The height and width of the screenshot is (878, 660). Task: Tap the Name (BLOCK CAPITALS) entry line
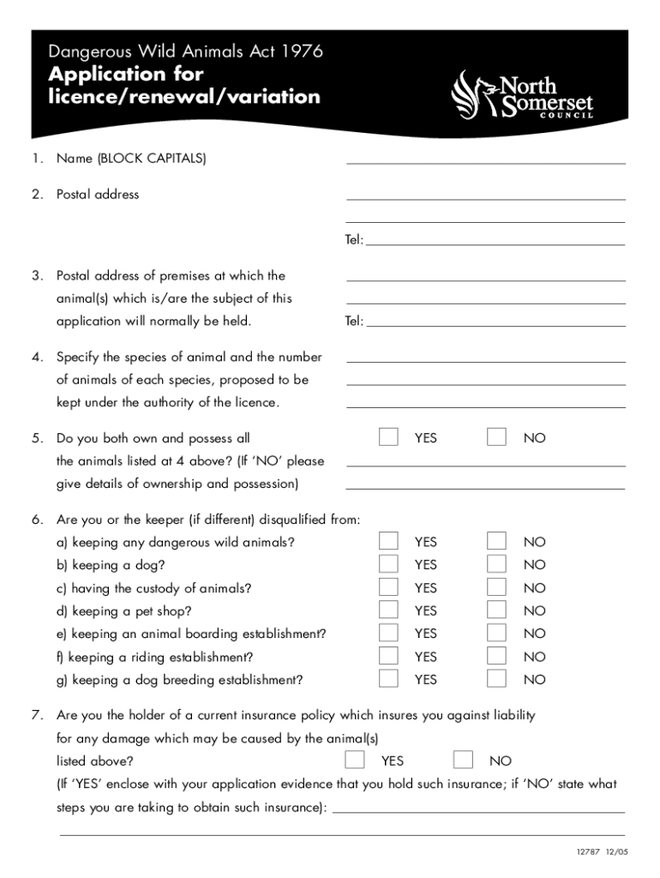pyautogui.click(x=485, y=158)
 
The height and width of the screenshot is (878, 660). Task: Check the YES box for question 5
pyautogui.click(x=388, y=437)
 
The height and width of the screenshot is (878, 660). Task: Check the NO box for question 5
pyautogui.click(x=496, y=437)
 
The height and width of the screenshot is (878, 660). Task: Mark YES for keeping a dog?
pyautogui.click(x=388, y=564)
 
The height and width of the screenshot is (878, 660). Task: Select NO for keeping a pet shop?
pyautogui.click(x=496, y=610)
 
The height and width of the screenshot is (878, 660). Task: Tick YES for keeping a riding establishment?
pyautogui.click(x=388, y=656)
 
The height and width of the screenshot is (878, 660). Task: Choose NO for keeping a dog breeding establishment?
pyautogui.click(x=496, y=679)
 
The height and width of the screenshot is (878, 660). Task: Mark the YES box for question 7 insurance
pyautogui.click(x=354, y=760)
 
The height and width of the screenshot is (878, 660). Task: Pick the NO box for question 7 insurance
pyautogui.click(x=463, y=760)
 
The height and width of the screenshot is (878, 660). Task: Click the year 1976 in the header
pyautogui.click(x=302, y=53)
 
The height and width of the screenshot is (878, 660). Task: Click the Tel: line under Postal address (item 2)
pyautogui.click(x=495, y=240)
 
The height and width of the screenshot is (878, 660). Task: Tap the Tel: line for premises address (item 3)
pyautogui.click(x=495, y=322)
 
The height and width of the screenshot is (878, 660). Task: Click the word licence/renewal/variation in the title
pyautogui.click(x=184, y=97)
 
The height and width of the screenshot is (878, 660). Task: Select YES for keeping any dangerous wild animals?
pyautogui.click(x=388, y=541)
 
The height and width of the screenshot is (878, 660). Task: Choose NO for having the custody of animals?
pyautogui.click(x=496, y=587)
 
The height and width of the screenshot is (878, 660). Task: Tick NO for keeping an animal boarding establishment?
pyautogui.click(x=496, y=633)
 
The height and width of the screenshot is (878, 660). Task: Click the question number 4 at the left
pyautogui.click(x=37, y=357)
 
